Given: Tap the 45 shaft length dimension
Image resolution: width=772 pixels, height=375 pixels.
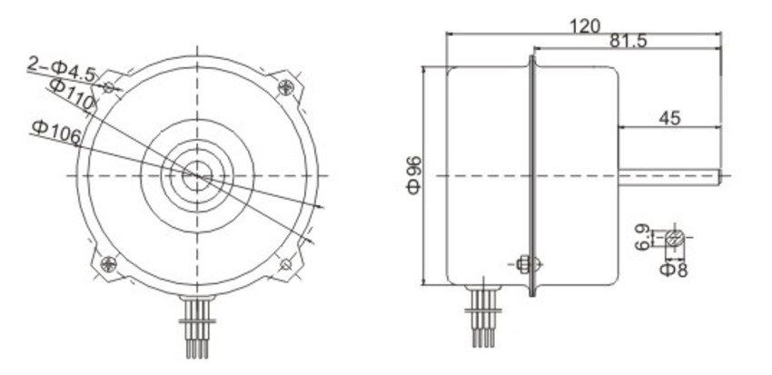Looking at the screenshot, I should [x=669, y=117].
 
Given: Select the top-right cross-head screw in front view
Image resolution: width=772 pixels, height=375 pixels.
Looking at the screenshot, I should [x=288, y=87].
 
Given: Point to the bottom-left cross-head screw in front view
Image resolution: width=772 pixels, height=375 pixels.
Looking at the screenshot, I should [x=108, y=264].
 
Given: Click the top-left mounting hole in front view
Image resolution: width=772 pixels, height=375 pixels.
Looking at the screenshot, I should [x=109, y=88].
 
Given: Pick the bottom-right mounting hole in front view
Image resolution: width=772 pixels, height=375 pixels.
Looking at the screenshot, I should [x=286, y=264].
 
